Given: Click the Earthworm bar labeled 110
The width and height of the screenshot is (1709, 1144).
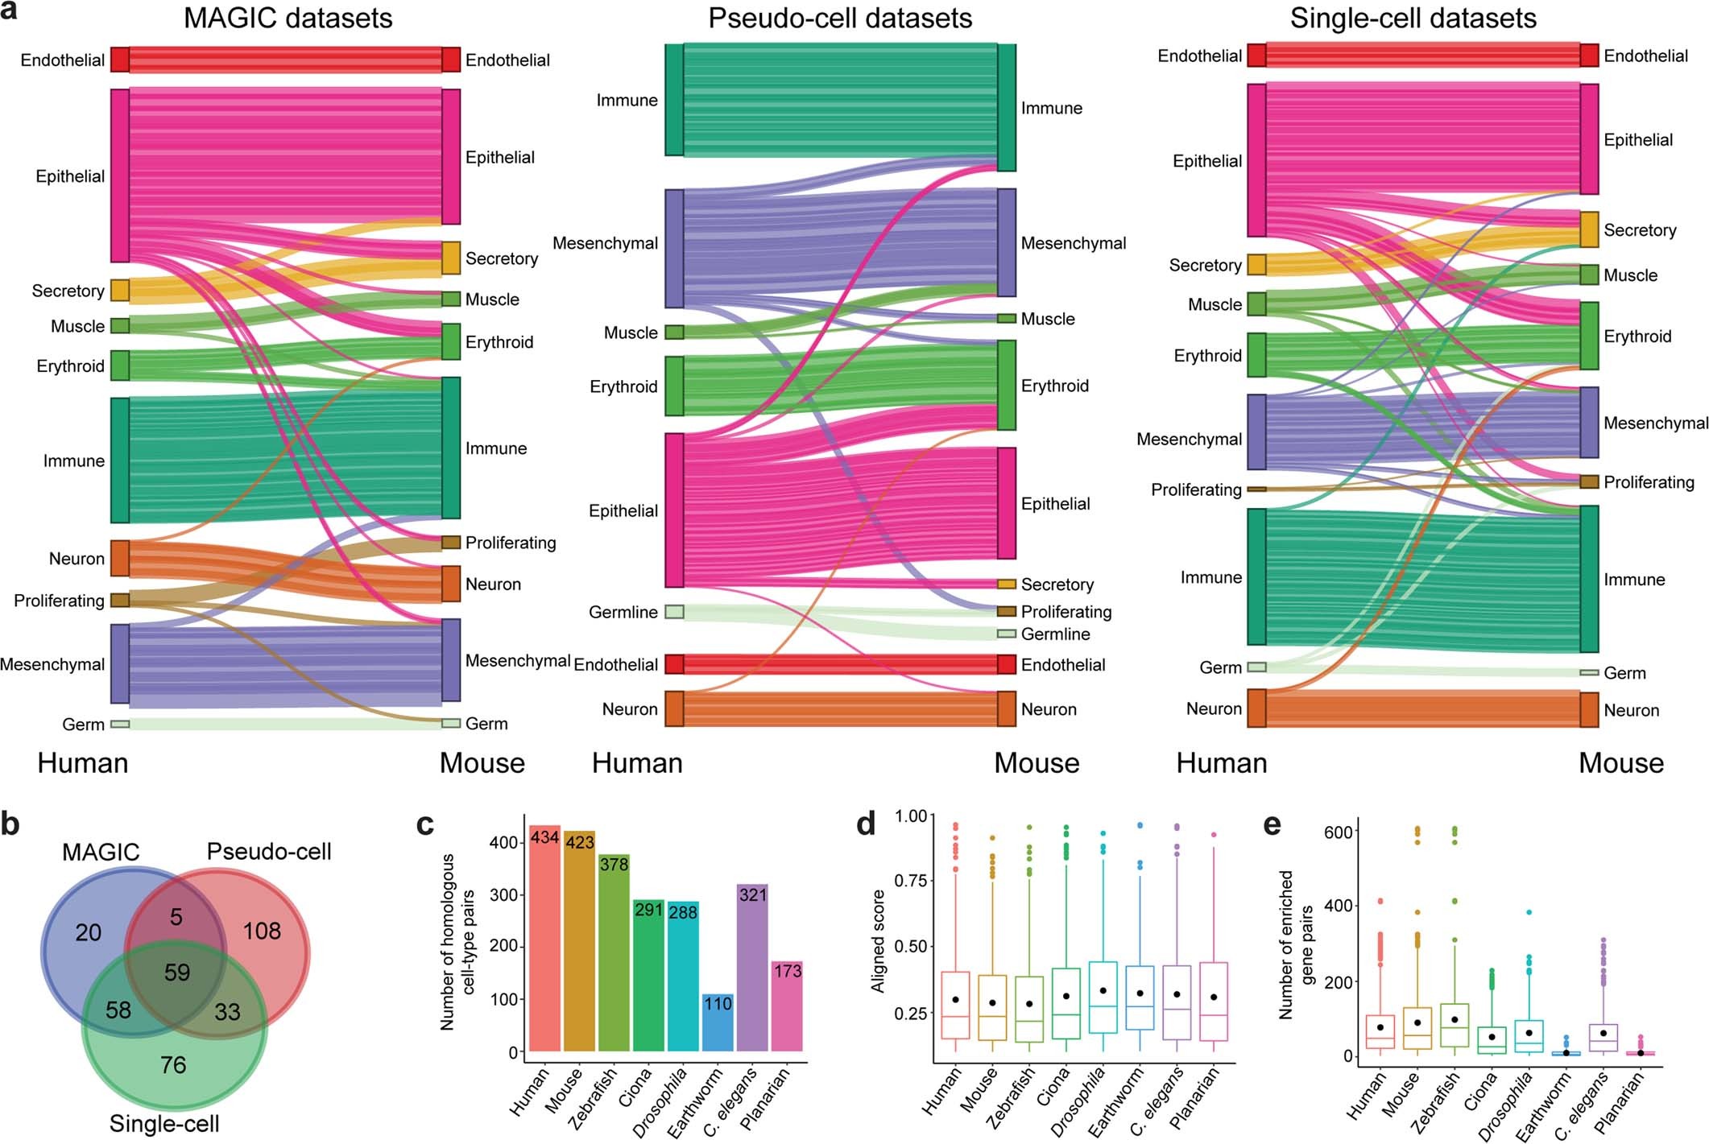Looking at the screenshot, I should point(717,1022).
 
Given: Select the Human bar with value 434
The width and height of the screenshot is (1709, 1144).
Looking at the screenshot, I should point(544,938).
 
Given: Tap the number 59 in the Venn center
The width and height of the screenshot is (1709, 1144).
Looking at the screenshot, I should point(177,972).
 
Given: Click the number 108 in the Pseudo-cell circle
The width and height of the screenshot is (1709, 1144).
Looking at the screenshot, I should point(262,931).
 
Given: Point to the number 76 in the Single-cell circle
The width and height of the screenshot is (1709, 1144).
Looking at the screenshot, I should point(173,1064).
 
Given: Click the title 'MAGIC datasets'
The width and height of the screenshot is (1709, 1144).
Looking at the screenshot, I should point(288,18).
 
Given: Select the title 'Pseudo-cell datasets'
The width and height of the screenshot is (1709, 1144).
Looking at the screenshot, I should point(839,18).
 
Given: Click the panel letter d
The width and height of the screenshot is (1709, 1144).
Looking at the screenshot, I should point(866,824).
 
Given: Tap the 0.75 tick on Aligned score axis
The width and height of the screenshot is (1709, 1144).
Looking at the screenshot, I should point(910,881).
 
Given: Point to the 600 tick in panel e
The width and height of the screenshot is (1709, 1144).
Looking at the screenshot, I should point(1338,831).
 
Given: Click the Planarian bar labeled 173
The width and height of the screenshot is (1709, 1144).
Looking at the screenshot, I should point(787,1006).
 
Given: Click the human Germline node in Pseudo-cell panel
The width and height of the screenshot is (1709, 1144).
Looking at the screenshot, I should point(674,612).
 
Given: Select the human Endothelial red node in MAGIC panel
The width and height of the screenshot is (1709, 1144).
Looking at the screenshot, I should point(119,60).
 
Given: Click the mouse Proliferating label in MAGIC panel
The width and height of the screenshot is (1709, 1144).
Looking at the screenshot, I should point(511,543).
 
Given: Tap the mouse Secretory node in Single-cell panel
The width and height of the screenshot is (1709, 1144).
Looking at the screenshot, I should point(1588,229).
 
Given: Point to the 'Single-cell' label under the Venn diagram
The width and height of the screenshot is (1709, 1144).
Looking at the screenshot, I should point(164,1123).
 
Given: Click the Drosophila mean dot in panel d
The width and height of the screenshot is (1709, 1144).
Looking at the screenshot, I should point(1103,990).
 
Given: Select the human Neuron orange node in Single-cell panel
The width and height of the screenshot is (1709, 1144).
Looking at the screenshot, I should point(1256,708).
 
